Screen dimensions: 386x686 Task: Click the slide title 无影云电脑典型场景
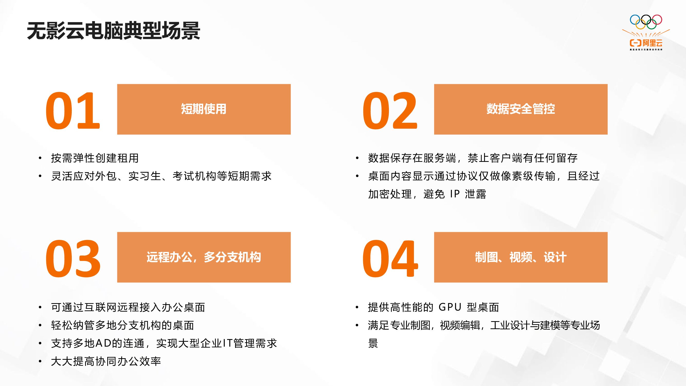(x=113, y=31)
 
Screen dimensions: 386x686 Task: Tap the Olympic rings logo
(x=646, y=22)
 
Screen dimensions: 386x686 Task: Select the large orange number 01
(x=73, y=111)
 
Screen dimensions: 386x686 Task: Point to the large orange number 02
(x=390, y=111)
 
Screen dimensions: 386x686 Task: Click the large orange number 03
(x=73, y=259)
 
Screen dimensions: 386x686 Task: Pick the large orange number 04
(x=390, y=259)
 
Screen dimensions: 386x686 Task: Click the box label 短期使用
(x=204, y=109)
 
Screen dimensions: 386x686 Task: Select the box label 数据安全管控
(x=521, y=109)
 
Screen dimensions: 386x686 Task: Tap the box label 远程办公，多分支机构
(x=204, y=257)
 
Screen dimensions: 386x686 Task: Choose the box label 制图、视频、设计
(x=521, y=257)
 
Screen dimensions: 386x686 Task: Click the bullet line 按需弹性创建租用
(x=95, y=158)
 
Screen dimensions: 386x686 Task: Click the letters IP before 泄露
(x=455, y=194)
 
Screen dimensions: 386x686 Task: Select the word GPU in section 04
(x=450, y=308)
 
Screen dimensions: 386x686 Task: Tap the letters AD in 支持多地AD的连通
(x=103, y=343)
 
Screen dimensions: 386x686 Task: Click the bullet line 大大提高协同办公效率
(x=106, y=362)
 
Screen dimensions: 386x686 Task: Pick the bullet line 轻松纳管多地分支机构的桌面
(x=122, y=326)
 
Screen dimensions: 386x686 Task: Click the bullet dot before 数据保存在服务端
(x=357, y=158)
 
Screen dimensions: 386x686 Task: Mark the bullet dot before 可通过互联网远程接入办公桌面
(x=40, y=308)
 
